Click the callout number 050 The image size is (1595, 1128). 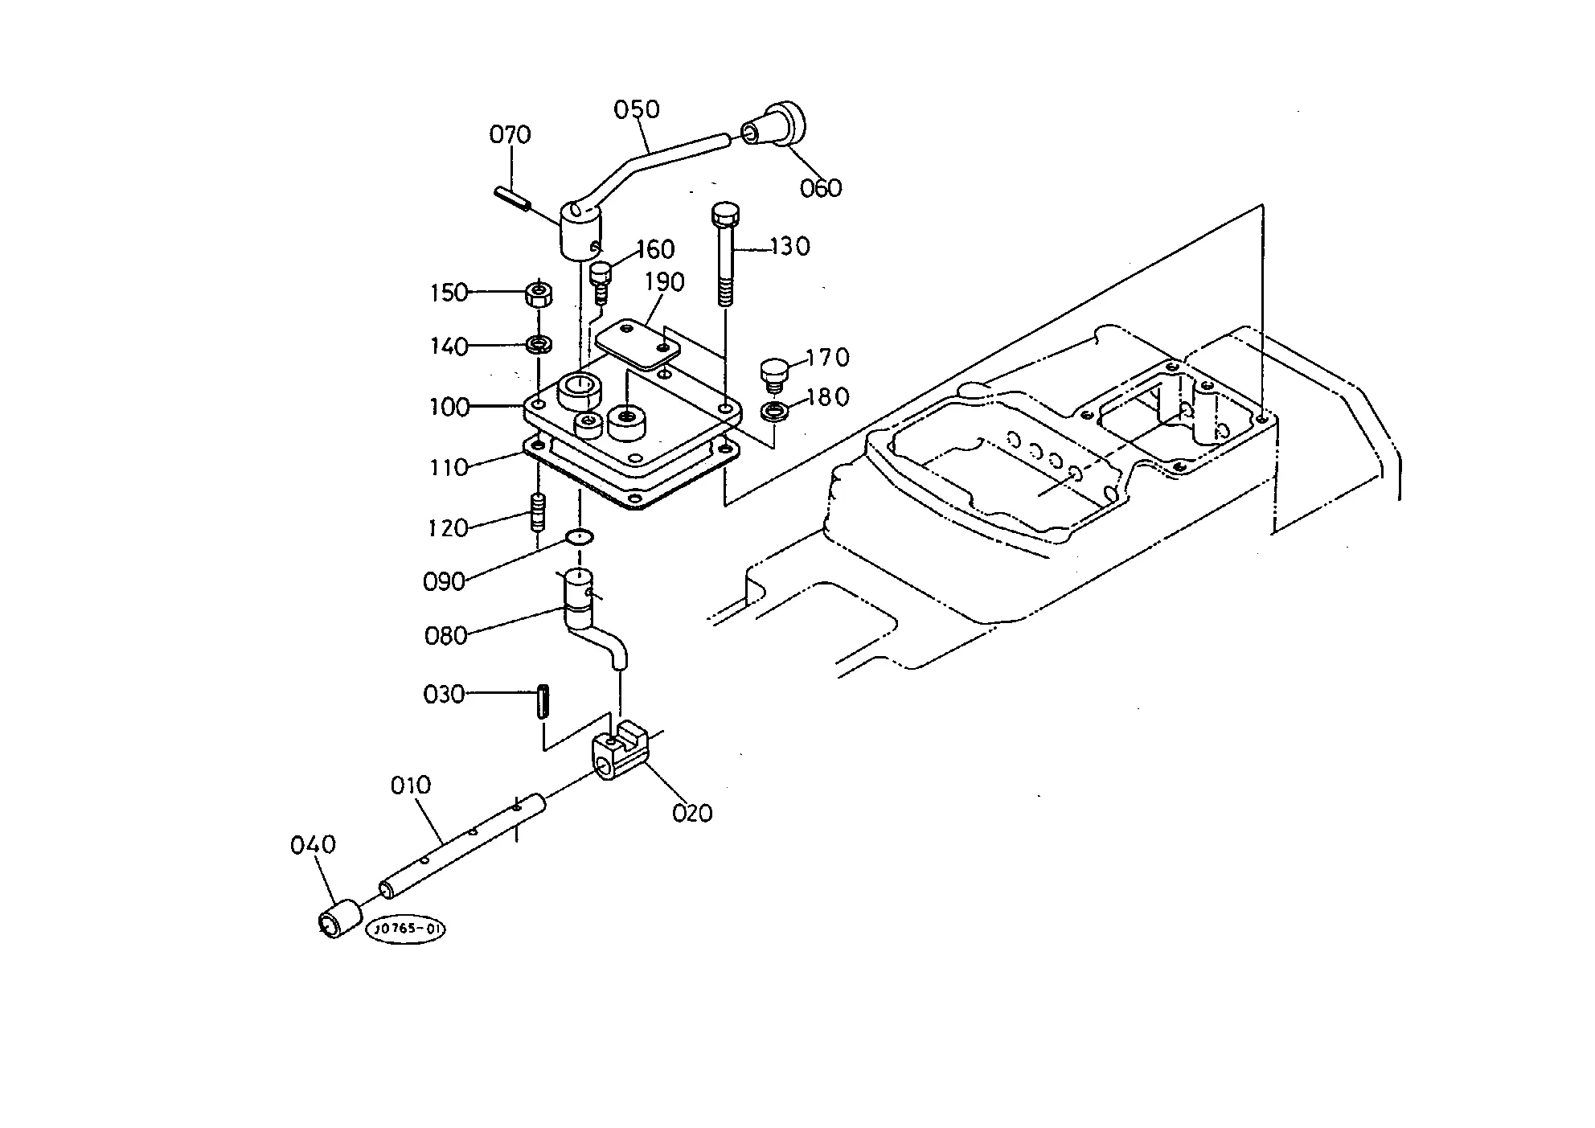636,109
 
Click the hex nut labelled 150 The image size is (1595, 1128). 539,294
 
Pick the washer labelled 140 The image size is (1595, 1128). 539,345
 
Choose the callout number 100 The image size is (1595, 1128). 449,407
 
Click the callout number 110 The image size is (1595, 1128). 449,467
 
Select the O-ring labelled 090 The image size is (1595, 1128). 580,536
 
